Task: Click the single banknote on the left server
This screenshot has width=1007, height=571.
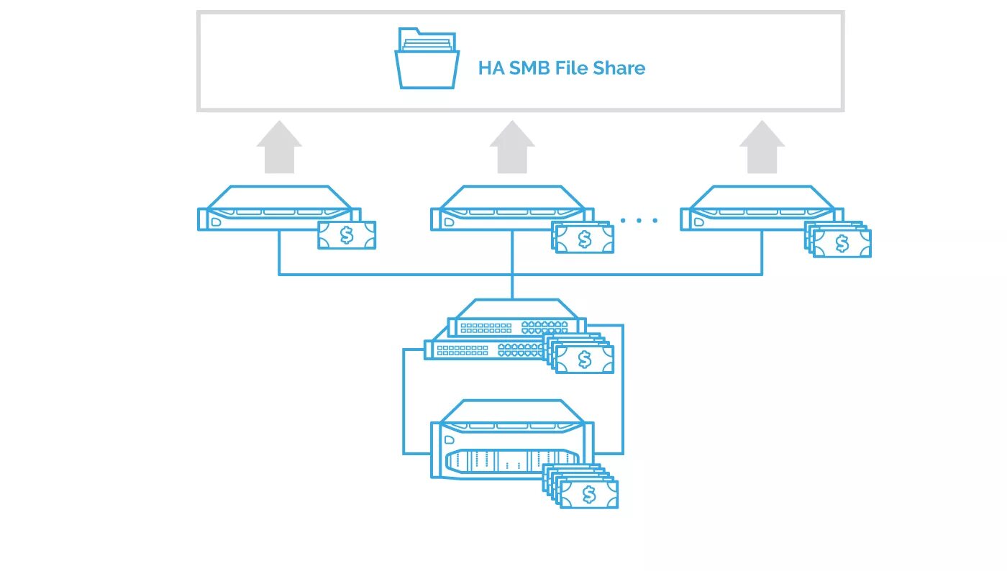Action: tap(347, 234)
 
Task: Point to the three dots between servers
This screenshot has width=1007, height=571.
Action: tap(639, 220)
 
